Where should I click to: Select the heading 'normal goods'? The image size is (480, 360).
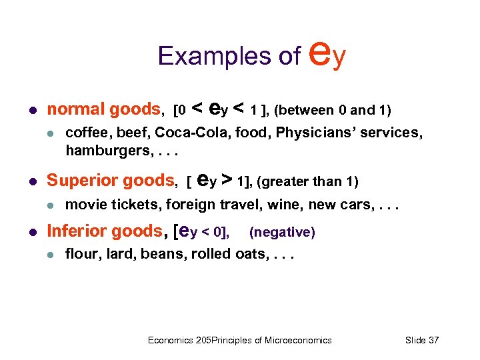click(x=104, y=109)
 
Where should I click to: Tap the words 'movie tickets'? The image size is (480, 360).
click(x=113, y=203)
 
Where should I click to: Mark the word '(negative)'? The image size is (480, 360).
click(x=281, y=232)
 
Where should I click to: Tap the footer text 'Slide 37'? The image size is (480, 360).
click(x=422, y=340)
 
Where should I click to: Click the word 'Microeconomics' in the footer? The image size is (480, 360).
click(x=298, y=340)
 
